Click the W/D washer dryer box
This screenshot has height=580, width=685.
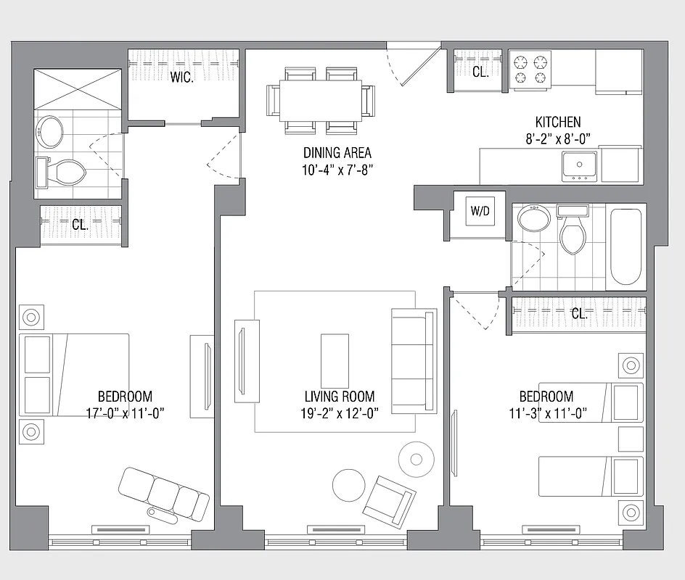click(x=480, y=212)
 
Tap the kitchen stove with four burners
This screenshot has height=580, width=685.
click(x=530, y=70)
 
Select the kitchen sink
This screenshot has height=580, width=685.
click(x=579, y=166)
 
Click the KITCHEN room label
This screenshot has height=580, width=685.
click(x=557, y=123)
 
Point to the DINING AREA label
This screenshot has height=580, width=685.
click(x=337, y=153)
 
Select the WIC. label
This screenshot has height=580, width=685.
click(x=182, y=78)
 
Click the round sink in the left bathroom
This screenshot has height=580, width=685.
click(x=50, y=132)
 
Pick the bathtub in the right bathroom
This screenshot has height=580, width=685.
click(x=625, y=247)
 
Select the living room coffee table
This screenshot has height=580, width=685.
click(x=335, y=360)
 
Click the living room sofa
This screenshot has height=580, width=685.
click(x=414, y=360)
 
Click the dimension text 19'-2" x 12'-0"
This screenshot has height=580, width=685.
click(x=340, y=413)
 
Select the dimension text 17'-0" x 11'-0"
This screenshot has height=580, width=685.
click(x=125, y=413)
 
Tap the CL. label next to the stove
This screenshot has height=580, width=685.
click(x=480, y=71)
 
